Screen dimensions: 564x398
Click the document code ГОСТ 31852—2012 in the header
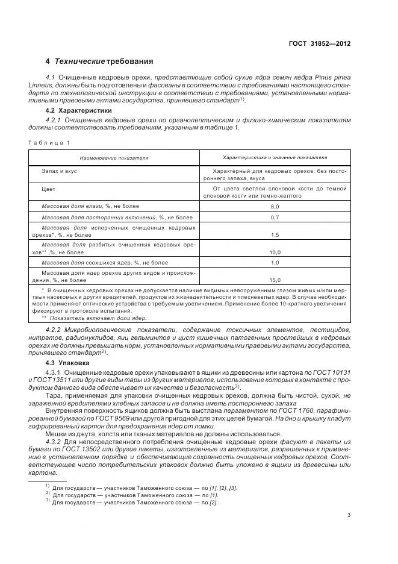(x=319, y=43)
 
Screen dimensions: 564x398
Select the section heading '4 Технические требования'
(x=99, y=61)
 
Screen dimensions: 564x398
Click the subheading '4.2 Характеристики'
(x=78, y=111)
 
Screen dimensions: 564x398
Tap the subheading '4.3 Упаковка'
(x=67, y=363)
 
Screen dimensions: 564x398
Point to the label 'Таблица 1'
(x=49, y=142)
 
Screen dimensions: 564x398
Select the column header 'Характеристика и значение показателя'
(x=275, y=157)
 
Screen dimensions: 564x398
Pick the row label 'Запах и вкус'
(x=59, y=171)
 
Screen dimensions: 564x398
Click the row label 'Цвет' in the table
(x=48, y=189)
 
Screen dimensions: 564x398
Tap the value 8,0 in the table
(x=275, y=207)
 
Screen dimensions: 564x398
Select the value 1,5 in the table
(x=275, y=235)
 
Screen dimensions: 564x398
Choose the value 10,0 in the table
(x=275, y=253)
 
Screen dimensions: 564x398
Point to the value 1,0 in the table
(x=275, y=263)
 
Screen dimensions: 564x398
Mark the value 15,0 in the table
(x=275, y=280)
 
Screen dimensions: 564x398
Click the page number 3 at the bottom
(x=349, y=515)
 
